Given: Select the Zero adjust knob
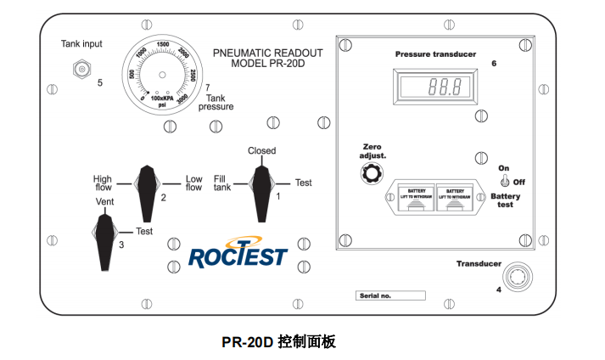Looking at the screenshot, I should [x=370, y=174].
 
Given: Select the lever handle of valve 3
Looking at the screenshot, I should [x=106, y=236].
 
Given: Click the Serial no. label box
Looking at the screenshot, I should [x=389, y=295].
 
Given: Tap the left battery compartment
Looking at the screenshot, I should [x=410, y=199].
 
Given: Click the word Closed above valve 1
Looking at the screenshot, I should [x=261, y=151].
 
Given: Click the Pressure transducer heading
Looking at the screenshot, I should [x=435, y=54].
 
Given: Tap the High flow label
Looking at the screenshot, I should [x=103, y=183].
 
